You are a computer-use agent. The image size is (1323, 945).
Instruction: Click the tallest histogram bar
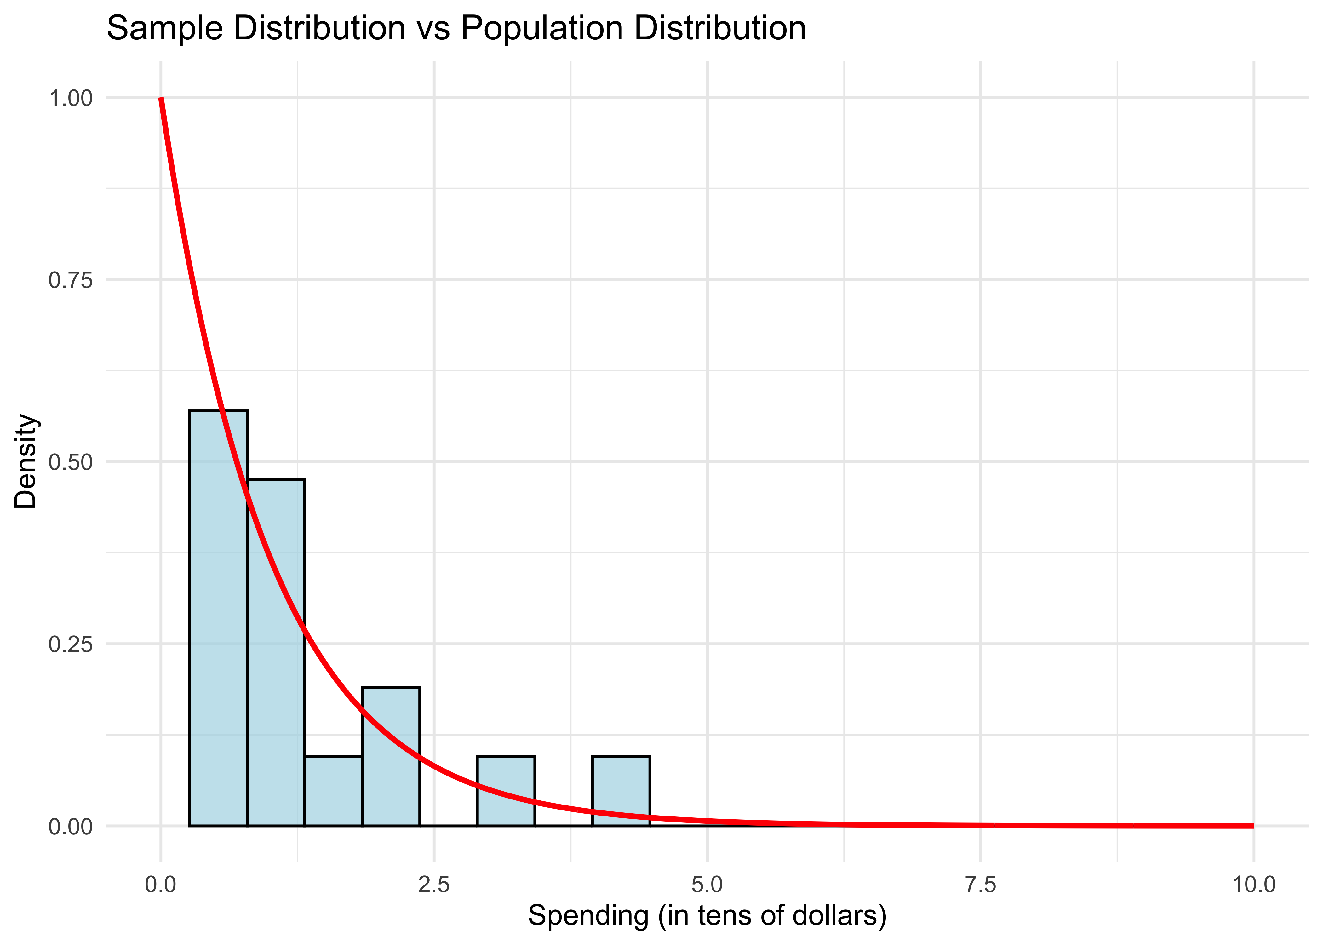click(218, 617)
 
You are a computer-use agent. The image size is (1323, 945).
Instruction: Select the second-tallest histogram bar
click(276, 652)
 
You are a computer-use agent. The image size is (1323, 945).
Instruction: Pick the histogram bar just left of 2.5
click(390, 756)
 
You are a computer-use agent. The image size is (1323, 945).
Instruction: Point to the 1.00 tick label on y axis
click(70, 98)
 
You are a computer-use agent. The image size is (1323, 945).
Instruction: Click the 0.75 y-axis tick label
click(70, 280)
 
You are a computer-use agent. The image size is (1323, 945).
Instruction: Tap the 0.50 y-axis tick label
click(70, 463)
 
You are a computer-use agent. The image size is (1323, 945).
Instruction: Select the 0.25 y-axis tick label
click(70, 644)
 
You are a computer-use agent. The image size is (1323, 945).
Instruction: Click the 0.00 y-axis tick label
click(70, 826)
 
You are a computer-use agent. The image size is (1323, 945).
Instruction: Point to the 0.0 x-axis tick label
click(161, 885)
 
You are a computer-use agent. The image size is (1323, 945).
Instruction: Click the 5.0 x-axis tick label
click(707, 885)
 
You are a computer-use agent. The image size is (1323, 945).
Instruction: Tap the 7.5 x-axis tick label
click(980, 885)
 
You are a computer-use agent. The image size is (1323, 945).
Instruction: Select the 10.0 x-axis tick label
click(1253, 885)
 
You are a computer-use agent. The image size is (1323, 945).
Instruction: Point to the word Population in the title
click(541, 28)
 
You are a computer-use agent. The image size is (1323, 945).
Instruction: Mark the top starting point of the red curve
click(161, 99)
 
